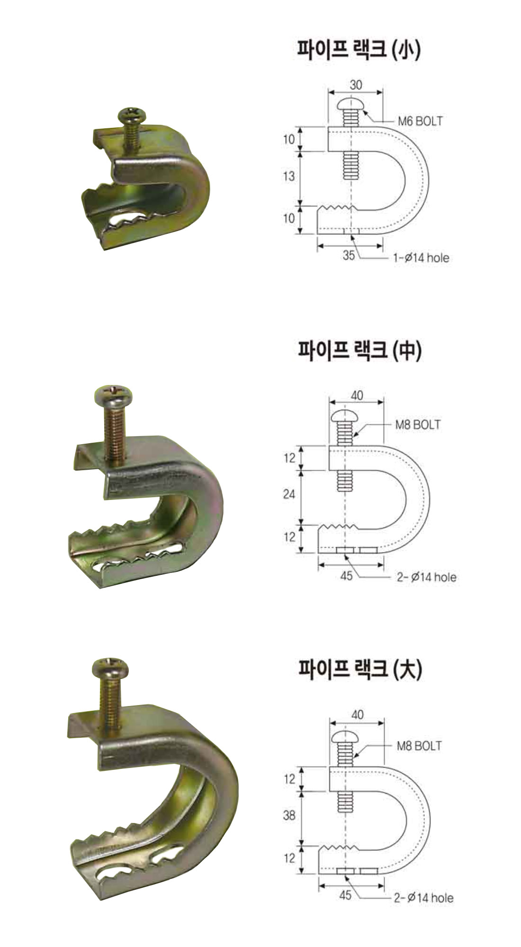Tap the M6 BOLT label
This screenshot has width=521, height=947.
click(420, 121)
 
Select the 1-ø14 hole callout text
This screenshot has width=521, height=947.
click(420, 259)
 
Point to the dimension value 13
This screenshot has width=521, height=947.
click(289, 176)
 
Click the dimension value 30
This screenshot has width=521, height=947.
click(356, 85)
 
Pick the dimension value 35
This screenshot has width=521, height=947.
click(349, 256)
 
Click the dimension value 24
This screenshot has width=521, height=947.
click(289, 494)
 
